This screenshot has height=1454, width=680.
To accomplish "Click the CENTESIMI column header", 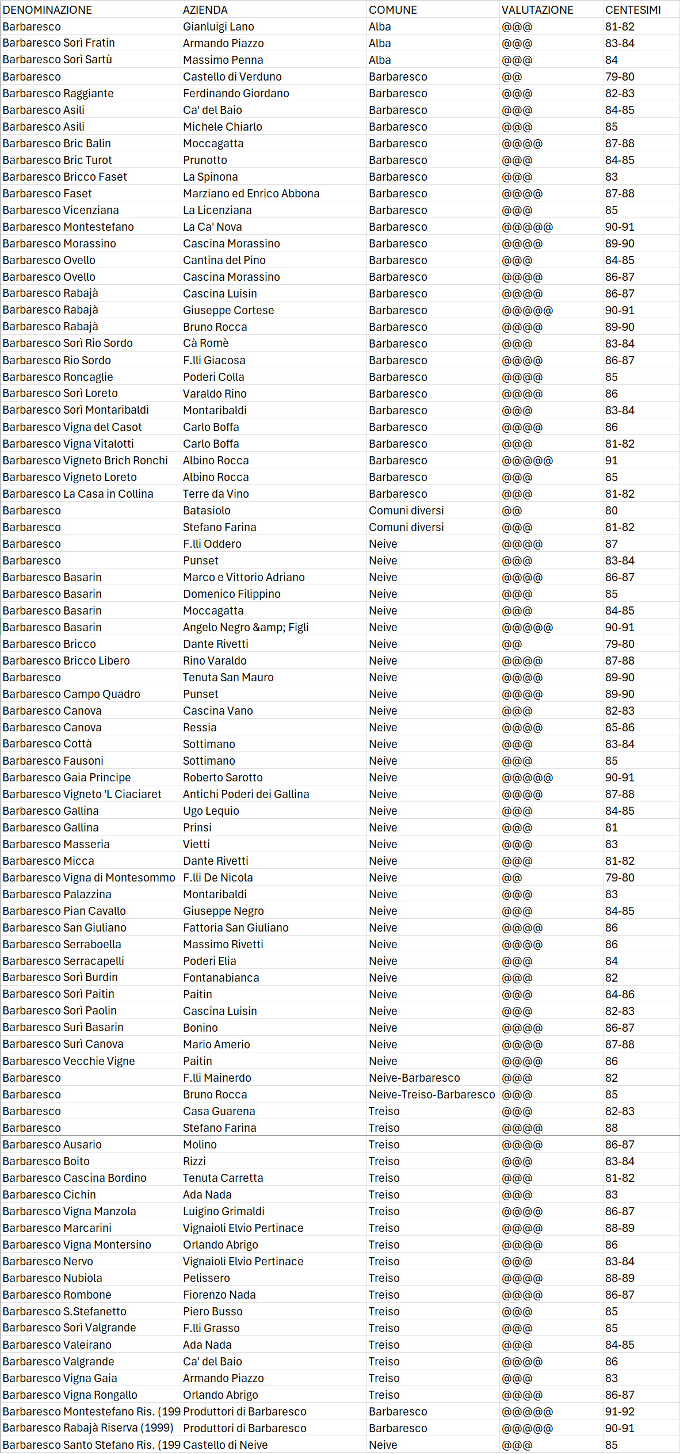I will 632,10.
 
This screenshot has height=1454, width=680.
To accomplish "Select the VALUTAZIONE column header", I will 537,10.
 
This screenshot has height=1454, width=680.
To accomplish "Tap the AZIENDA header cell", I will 205,10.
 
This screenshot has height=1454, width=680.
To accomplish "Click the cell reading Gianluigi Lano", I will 218,26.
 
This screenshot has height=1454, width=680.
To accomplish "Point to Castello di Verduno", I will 232,77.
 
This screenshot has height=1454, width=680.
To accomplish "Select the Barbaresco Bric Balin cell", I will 56,143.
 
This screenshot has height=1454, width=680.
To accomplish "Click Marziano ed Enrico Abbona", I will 251,193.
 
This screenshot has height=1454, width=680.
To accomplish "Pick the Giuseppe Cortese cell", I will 228,310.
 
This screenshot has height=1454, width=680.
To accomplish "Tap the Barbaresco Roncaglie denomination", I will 58,377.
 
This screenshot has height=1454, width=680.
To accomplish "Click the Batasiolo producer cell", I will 207,510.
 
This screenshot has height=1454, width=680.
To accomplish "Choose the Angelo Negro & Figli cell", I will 246,627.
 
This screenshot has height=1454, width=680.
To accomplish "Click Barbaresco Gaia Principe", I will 66,777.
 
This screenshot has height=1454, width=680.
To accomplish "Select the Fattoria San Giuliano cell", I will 235,928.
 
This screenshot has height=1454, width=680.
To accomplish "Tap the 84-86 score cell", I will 619,994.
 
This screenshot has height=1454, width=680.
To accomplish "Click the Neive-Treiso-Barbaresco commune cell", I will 431,1094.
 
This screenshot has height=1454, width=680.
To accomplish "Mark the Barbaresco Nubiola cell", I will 52,1278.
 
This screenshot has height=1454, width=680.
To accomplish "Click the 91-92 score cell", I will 619,1411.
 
